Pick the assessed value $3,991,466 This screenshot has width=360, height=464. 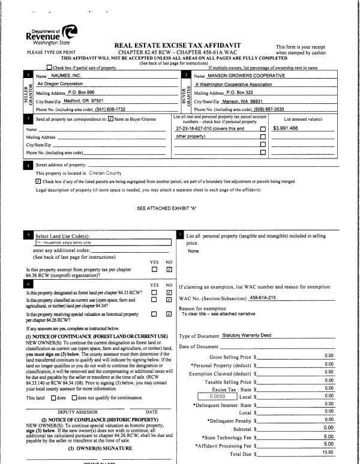pos(289,128)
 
